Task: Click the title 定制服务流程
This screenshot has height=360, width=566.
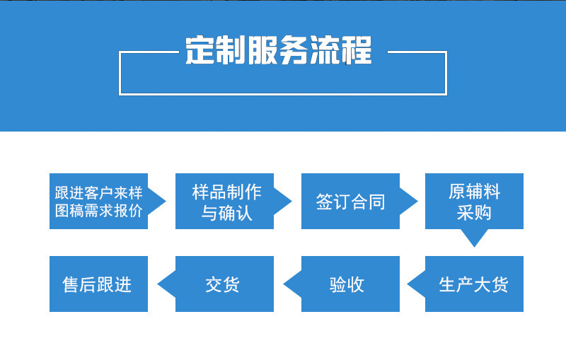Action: pyautogui.click(x=278, y=50)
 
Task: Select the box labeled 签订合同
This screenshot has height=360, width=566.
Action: pyautogui.click(x=350, y=202)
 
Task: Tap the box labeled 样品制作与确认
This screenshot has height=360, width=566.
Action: pyautogui.click(x=224, y=202)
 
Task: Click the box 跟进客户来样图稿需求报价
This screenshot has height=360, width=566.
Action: pyautogui.click(x=98, y=202)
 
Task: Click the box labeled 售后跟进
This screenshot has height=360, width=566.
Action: pyautogui.click(x=98, y=284)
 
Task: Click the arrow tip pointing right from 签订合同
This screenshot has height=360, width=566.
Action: pyautogui.click(x=417, y=202)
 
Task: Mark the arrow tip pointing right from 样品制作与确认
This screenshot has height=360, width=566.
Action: pyautogui.click(x=291, y=202)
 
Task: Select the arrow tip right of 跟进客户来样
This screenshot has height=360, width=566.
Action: pyautogui.click(x=166, y=202)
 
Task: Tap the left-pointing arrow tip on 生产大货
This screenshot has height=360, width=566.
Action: pyautogui.click(x=408, y=284)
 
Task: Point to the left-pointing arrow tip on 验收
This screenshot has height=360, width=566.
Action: pyautogui.click(x=284, y=284)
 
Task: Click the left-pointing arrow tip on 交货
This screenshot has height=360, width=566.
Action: pyautogui.click(x=158, y=284)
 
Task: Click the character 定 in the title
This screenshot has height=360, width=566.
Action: pyautogui.click(x=200, y=50)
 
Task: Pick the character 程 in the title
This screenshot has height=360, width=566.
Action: pyautogui.click(x=357, y=50)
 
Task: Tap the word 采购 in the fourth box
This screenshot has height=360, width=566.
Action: pyautogui.click(x=474, y=212)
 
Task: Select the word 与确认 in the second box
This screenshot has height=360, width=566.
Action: pyautogui.click(x=226, y=213)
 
